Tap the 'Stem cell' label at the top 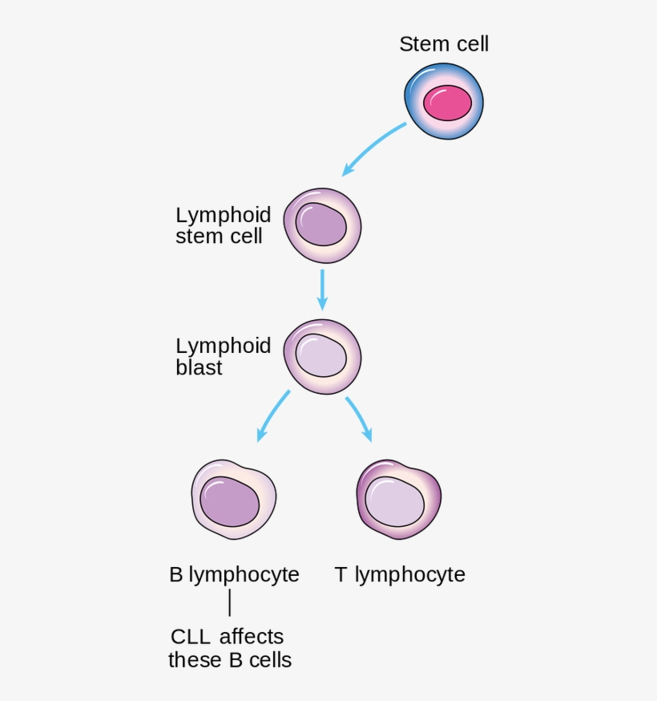(444, 44)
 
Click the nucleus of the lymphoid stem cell (321, 225)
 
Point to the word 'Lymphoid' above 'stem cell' (223, 215)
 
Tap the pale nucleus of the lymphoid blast (321, 356)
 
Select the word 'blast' (199, 369)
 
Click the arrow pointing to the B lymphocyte (272, 416)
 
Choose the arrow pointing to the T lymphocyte (360, 418)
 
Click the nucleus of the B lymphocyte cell (230, 503)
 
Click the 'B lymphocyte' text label (234, 575)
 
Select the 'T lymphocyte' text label (400, 575)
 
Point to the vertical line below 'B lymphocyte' (230, 604)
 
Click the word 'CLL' (191, 638)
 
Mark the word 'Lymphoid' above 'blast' (223, 346)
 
